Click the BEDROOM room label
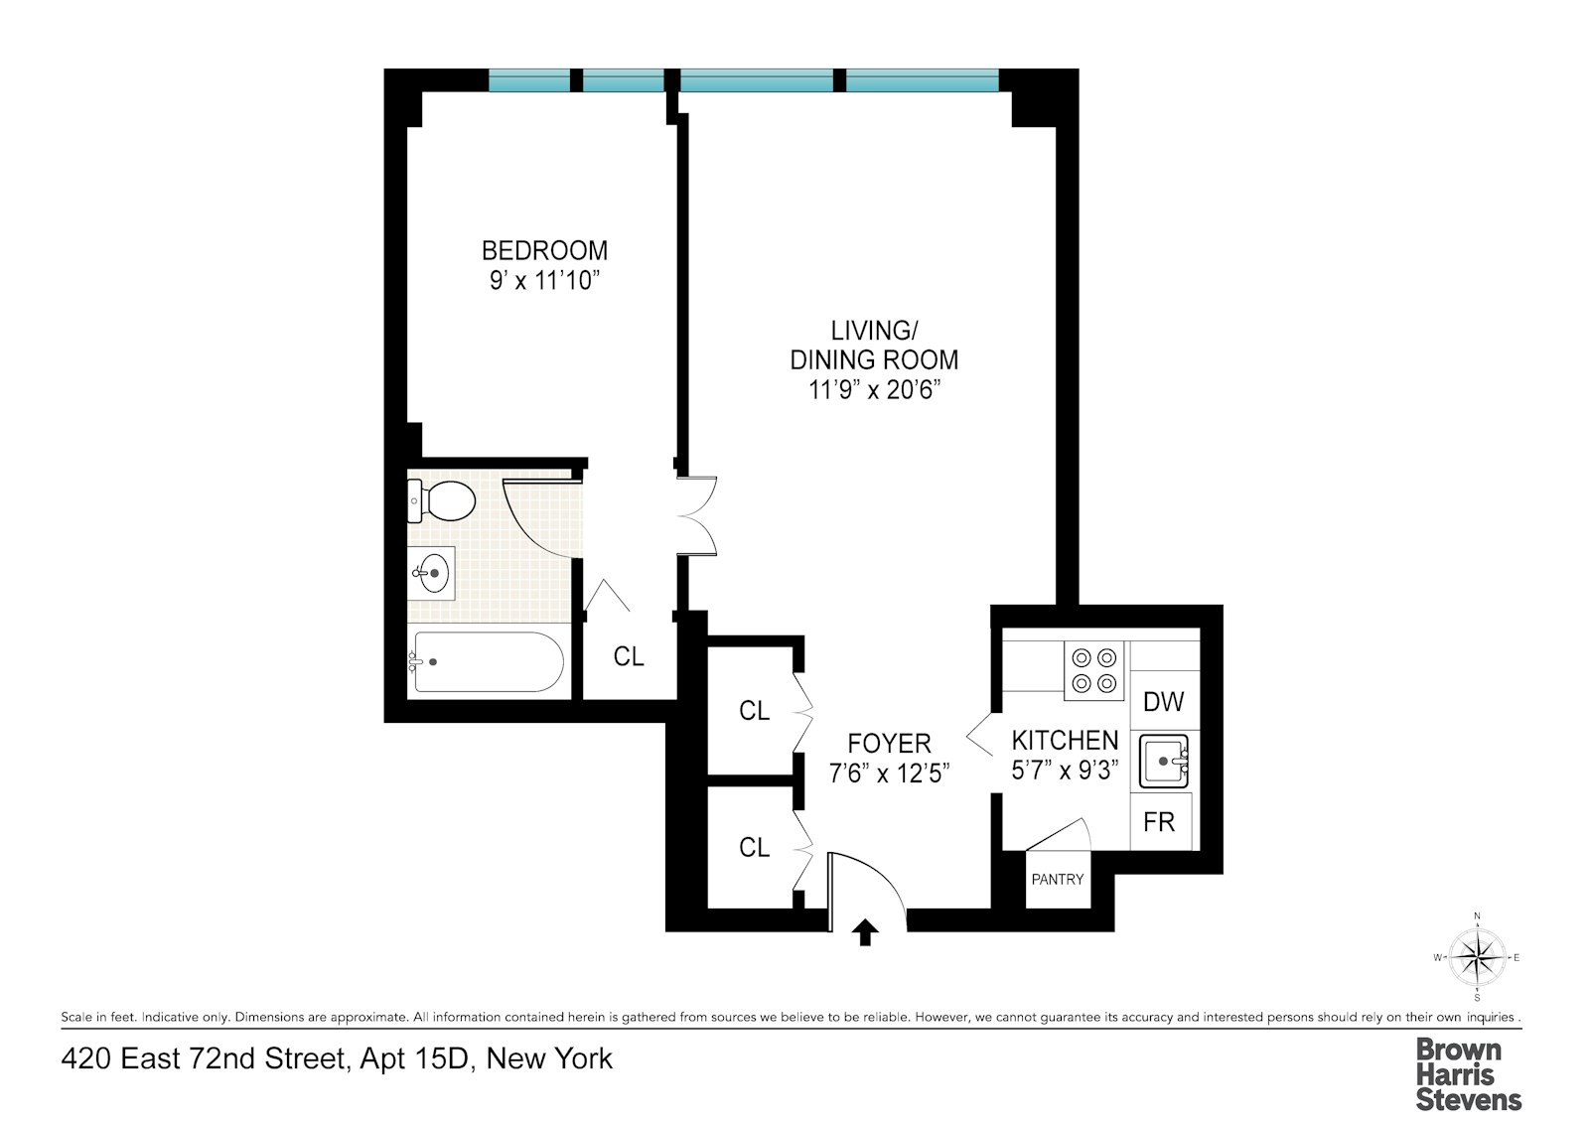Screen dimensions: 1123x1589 544,250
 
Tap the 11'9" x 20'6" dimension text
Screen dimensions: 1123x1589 874,390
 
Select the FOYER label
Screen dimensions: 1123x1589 889,743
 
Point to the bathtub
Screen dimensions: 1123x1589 488,661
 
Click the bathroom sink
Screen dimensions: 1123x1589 433,573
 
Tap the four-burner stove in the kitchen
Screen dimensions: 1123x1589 1093,670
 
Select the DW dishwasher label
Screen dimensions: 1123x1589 1163,702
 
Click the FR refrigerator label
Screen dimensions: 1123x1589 1159,822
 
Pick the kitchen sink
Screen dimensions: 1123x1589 1163,762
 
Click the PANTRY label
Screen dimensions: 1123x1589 1058,880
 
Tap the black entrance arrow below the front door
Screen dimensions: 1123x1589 865,932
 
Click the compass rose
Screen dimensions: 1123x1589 1477,957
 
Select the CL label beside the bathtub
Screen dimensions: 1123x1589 629,656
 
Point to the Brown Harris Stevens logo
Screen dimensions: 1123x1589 1468,1073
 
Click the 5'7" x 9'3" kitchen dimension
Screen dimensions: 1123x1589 1065,771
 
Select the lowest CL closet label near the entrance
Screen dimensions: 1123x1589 754,847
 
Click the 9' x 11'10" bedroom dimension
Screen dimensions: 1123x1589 544,281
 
